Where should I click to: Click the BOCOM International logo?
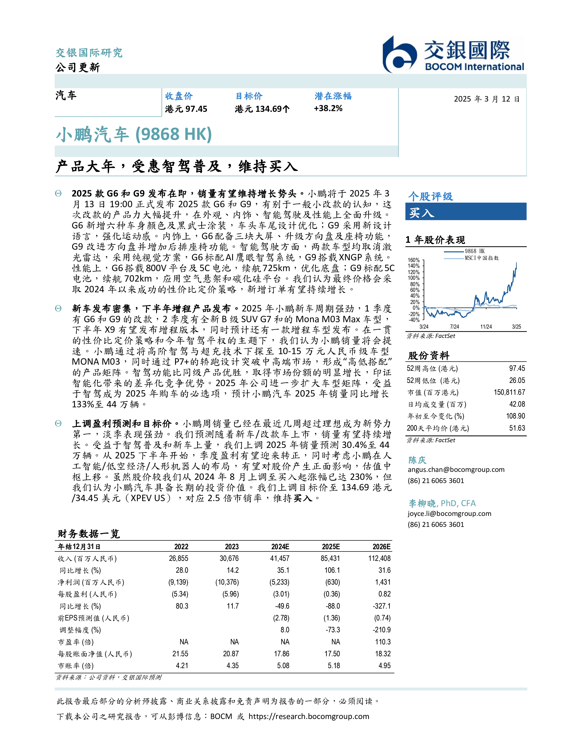pos(453,55)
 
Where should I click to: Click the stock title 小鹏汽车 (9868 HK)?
pos(134,134)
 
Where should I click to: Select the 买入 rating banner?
pos(465,212)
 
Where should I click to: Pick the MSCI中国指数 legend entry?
pos(481,258)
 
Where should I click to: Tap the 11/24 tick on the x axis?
pos(486,327)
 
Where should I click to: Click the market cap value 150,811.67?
pos(509,392)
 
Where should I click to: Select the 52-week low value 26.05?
pos(517,380)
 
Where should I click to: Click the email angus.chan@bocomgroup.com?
pos(456,470)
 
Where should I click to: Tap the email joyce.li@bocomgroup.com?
pos(449,513)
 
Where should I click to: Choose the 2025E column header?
pos(331,547)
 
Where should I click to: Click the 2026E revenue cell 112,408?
pos(379,559)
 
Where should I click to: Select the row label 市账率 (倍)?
pos(76,666)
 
